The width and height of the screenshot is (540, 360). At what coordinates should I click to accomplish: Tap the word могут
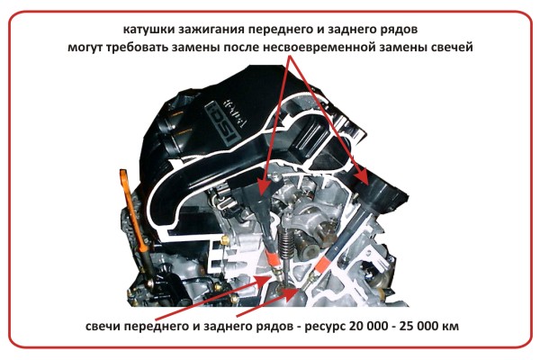85,48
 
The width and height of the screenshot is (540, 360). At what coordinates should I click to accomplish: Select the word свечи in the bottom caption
103,326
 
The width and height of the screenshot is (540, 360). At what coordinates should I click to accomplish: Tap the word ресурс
324,327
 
